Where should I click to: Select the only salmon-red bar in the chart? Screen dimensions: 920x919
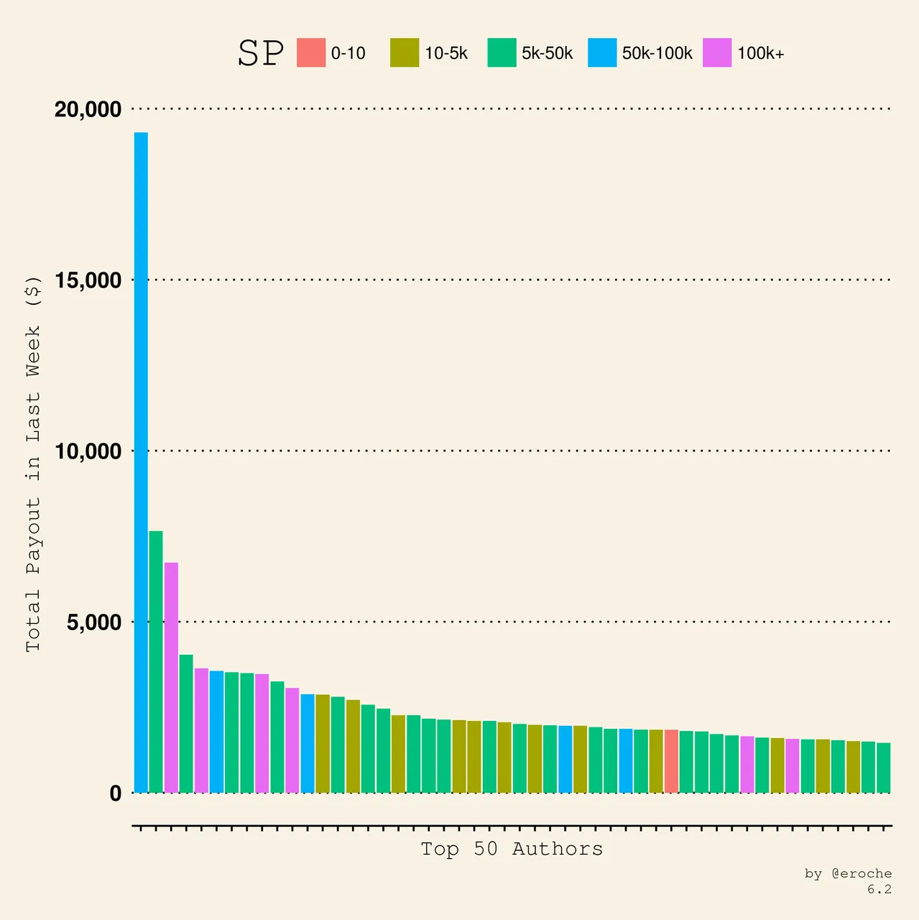click(671, 761)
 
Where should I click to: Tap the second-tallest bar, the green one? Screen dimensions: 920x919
click(156, 661)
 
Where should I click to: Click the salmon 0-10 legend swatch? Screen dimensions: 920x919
click(311, 52)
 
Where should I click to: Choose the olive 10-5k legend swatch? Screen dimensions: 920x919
click(405, 52)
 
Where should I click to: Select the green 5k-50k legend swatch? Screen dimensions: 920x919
click(502, 52)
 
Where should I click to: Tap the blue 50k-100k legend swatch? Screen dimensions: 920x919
click(602, 52)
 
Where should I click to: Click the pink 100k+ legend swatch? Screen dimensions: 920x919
click(717, 52)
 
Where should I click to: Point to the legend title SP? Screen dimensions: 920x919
click(260, 53)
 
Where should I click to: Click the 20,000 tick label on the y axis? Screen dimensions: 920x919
click(88, 109)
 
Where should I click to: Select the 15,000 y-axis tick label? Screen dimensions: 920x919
click(88, 280)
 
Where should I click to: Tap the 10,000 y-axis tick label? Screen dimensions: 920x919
click(88, 451)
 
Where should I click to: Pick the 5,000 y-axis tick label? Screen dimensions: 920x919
click(93, 622)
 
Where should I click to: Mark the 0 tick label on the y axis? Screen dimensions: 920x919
click(116, 793)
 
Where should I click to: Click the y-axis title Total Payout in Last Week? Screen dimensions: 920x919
click(34, 464)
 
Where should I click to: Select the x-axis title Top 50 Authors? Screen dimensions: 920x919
click(512, 849)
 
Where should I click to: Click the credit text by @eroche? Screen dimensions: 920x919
click(848, 873)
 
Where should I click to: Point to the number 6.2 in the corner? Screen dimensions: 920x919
click(879, 889)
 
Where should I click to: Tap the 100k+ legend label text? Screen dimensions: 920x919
click(760, 53)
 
